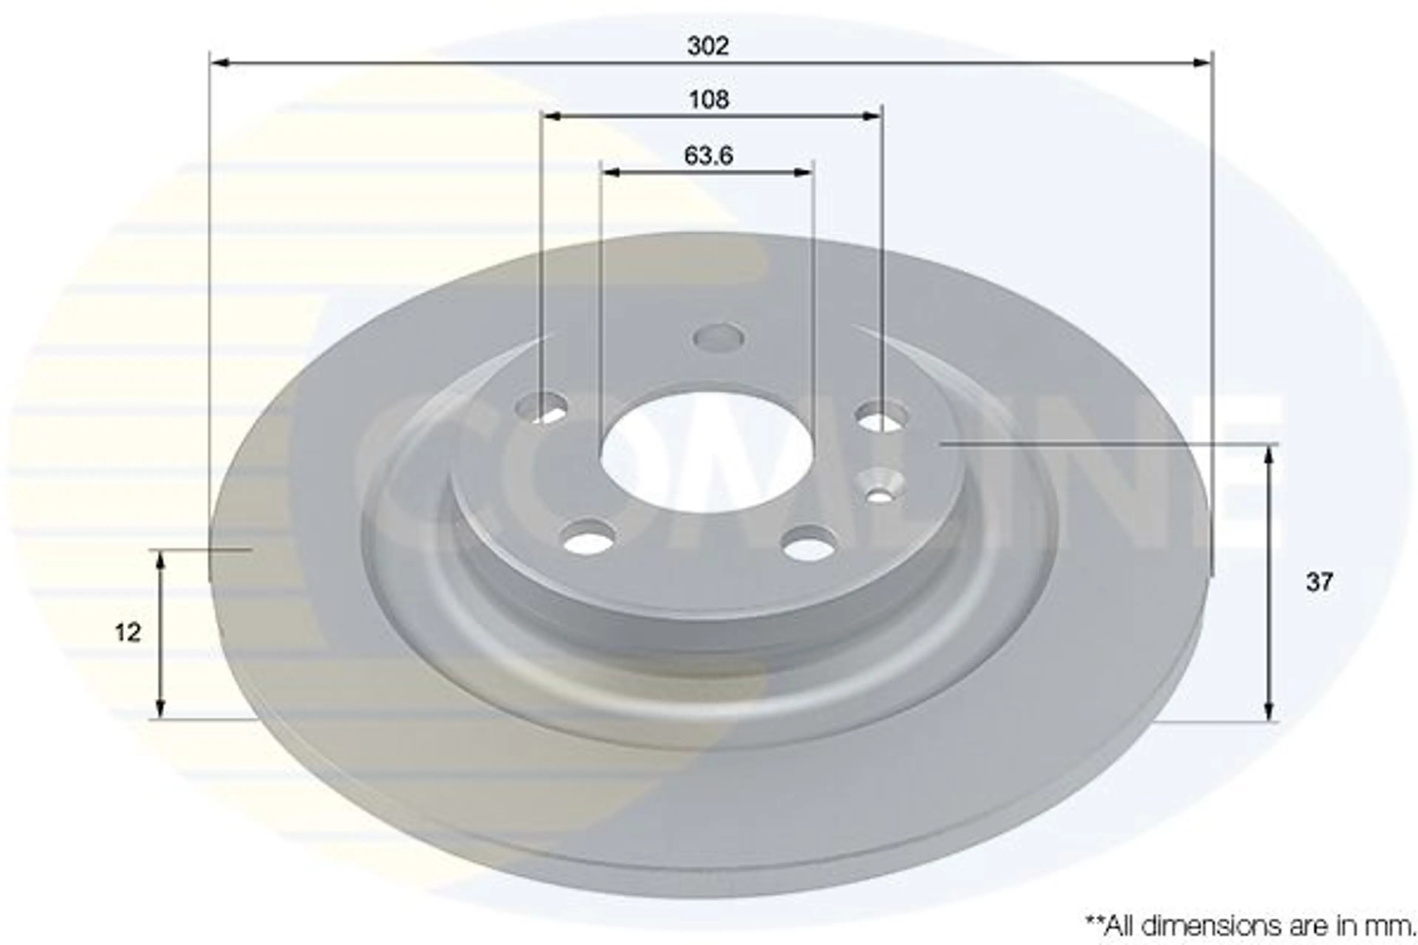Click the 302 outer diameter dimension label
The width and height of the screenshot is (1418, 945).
(x=708, y=46)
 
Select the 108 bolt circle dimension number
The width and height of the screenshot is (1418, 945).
(x=709, y=99)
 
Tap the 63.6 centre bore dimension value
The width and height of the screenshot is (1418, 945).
(x=708, y=155)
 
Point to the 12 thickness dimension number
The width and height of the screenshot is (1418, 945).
(x=128, y=633)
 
